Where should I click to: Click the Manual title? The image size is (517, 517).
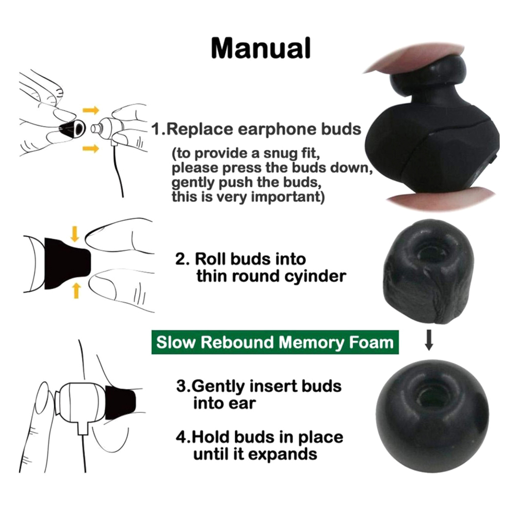pos(261,48)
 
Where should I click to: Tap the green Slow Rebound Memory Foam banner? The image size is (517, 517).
pos(275,342)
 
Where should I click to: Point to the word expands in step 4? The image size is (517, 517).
pos(283,455)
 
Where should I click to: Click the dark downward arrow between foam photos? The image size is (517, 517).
pos(429,340)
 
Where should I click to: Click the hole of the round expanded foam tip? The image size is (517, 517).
pos(431,394)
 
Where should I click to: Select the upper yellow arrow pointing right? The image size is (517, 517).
pos(91,110)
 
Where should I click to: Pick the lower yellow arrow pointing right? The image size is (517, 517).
pos(91,149)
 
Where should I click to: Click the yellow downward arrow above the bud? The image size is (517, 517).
pos(75,233)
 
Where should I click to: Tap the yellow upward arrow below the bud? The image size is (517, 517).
pos(76,290)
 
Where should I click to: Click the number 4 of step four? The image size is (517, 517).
pos(181,437)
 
